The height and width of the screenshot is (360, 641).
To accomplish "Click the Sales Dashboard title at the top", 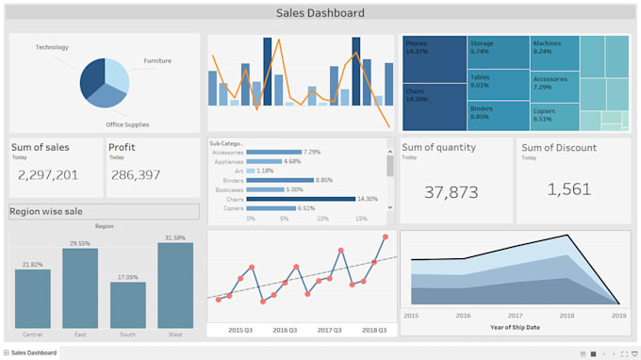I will click(x=320, y=13).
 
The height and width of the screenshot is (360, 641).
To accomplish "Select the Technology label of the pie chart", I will click(x=52, y=47).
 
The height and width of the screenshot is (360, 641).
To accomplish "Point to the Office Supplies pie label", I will click(x=127, y=124).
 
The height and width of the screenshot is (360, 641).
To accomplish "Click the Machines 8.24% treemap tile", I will click(x=553, y=52).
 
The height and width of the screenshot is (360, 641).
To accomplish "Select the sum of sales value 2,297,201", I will click(x=48, y=175).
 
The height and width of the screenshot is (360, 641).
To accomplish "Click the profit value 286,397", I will click(x=136, y=175).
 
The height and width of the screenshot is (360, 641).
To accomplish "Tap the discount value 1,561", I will click(x=569, y=189).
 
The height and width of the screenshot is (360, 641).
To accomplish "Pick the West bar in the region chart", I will click(x=175, y=286).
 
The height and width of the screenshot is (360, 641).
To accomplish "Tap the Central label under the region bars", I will click(x=32, y=334).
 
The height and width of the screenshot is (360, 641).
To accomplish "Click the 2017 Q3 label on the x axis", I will click(x=330, y=331).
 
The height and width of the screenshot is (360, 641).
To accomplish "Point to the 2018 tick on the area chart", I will click(x=567, y=316).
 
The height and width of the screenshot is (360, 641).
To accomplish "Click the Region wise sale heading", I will click(x=46, y=212).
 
